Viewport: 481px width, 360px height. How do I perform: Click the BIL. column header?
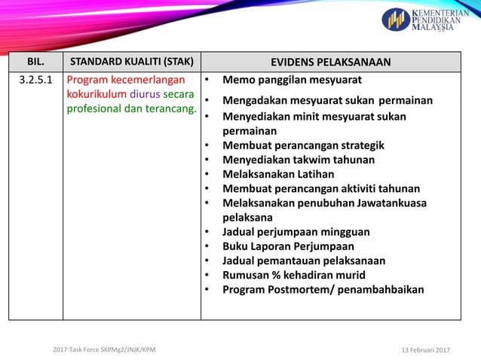point(35,62)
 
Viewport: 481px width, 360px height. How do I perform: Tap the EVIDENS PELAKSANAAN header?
point(330,62)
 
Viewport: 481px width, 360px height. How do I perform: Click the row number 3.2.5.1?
point(35,80)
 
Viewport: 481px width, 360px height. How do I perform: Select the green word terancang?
point(169,110)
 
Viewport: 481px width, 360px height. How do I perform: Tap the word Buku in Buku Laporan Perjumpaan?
point(236,246)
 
